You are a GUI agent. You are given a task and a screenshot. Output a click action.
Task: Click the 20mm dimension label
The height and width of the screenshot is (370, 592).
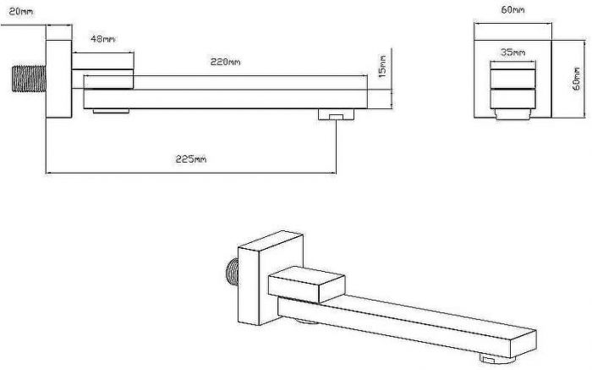point(21,12)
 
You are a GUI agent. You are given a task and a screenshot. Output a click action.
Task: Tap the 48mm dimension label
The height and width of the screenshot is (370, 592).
point(102,39)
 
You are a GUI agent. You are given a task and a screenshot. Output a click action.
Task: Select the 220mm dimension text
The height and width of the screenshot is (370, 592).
point(226,62)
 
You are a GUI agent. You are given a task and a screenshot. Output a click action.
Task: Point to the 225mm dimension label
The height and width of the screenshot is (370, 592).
point(191,159)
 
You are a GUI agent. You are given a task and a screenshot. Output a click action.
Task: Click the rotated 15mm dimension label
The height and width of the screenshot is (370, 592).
point(382,67)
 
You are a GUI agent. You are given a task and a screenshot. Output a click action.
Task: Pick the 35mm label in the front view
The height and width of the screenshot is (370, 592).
point(513,52)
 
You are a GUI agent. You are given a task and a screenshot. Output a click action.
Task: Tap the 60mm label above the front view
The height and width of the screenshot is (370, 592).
point(513,10)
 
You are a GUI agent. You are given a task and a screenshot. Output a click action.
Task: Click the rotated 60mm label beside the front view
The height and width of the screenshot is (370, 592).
point(577,79)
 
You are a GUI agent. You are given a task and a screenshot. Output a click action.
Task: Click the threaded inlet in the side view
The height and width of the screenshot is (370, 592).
point(29,79)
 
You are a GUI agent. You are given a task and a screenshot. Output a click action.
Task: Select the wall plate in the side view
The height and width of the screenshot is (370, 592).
point(59,79)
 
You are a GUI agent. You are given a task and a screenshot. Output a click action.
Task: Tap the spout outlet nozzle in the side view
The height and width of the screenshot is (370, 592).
point(336,114)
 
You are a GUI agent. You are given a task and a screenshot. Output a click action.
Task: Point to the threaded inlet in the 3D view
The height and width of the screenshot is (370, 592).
point(233,272)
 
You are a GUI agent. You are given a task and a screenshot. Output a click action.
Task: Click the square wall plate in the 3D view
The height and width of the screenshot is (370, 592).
point(270,278)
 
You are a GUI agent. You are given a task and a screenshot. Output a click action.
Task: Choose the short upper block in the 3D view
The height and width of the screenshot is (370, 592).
point(306,284)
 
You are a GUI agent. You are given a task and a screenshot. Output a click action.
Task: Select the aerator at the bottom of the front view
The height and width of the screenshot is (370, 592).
point(513,114)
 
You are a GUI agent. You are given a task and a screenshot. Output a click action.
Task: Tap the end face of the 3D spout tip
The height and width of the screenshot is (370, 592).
point(523,343)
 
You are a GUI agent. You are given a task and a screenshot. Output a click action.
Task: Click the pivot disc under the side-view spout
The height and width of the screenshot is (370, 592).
point(112,111)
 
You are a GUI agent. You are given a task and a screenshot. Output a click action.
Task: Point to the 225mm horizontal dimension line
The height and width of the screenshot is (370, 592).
point(191,173)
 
